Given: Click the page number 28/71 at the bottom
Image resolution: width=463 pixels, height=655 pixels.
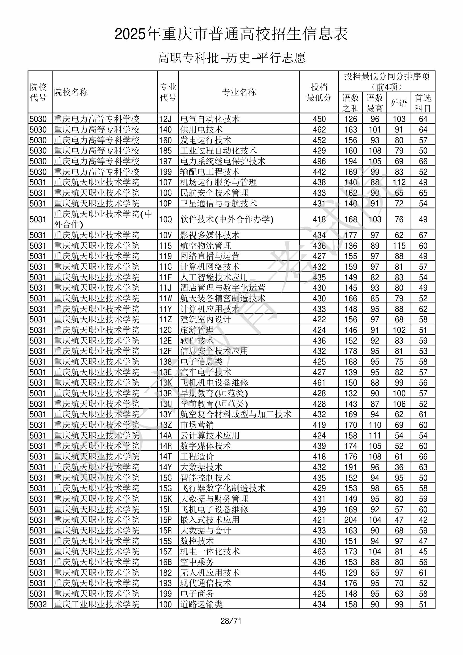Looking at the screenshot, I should pyautogui.click(x=231, y=621).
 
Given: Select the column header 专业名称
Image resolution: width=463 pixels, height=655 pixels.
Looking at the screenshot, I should pyautogui.click(x=239, y=92).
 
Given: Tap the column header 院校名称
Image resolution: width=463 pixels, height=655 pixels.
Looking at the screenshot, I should pyautogui.click(x=71, y=92).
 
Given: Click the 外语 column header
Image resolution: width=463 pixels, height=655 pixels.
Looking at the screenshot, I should pyautogui.click(x=399, y=103).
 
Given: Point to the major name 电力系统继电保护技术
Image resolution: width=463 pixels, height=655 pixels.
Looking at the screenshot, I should pyautogui.click(x=223, y=161).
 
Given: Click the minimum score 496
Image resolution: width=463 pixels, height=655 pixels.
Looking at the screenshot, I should pyautogui.click(x=319, y=161).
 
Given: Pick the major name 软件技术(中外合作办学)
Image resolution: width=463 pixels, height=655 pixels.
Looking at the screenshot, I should pyautogui.click(x=227, y=219).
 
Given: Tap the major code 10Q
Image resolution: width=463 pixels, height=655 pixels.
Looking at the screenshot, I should pyautogui.click(x=165, y=219).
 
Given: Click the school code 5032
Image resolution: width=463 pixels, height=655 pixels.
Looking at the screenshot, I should pyautogui.click(x=38, y=604).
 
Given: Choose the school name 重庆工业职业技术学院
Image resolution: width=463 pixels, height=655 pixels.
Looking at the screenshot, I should pyautogui.click(x=96, y=604).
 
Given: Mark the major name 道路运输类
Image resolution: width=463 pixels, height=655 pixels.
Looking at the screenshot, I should pyautogui.click(x=201, y=604).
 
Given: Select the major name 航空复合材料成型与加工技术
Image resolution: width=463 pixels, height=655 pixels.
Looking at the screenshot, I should pyautogui.click(x=236, y=414).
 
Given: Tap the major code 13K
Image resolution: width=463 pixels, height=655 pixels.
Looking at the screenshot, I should pyautogui.click(x=165, y=382).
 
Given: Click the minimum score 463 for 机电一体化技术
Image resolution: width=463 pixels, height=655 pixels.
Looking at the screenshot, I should pyautogui.click(x=319, y=552).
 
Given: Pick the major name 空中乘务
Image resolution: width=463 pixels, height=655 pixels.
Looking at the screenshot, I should pyautogui.click(x=197, y=562).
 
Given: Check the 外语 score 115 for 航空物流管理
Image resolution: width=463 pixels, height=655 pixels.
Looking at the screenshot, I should pyautogui.click(x=399, y=246).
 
